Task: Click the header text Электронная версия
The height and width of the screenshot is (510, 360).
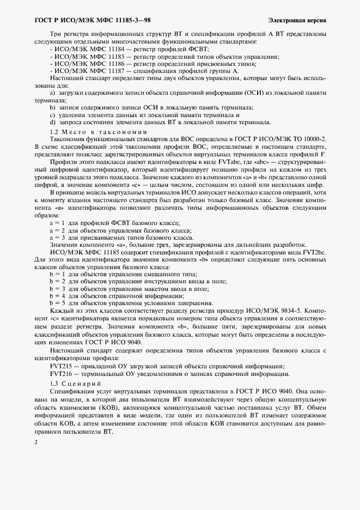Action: tap(297, 21)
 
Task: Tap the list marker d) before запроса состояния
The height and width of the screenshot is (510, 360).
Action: tap(52, 123)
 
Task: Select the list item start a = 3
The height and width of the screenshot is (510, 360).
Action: tap(58, 238)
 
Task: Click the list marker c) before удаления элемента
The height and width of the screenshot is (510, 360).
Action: tap(52, 115)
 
